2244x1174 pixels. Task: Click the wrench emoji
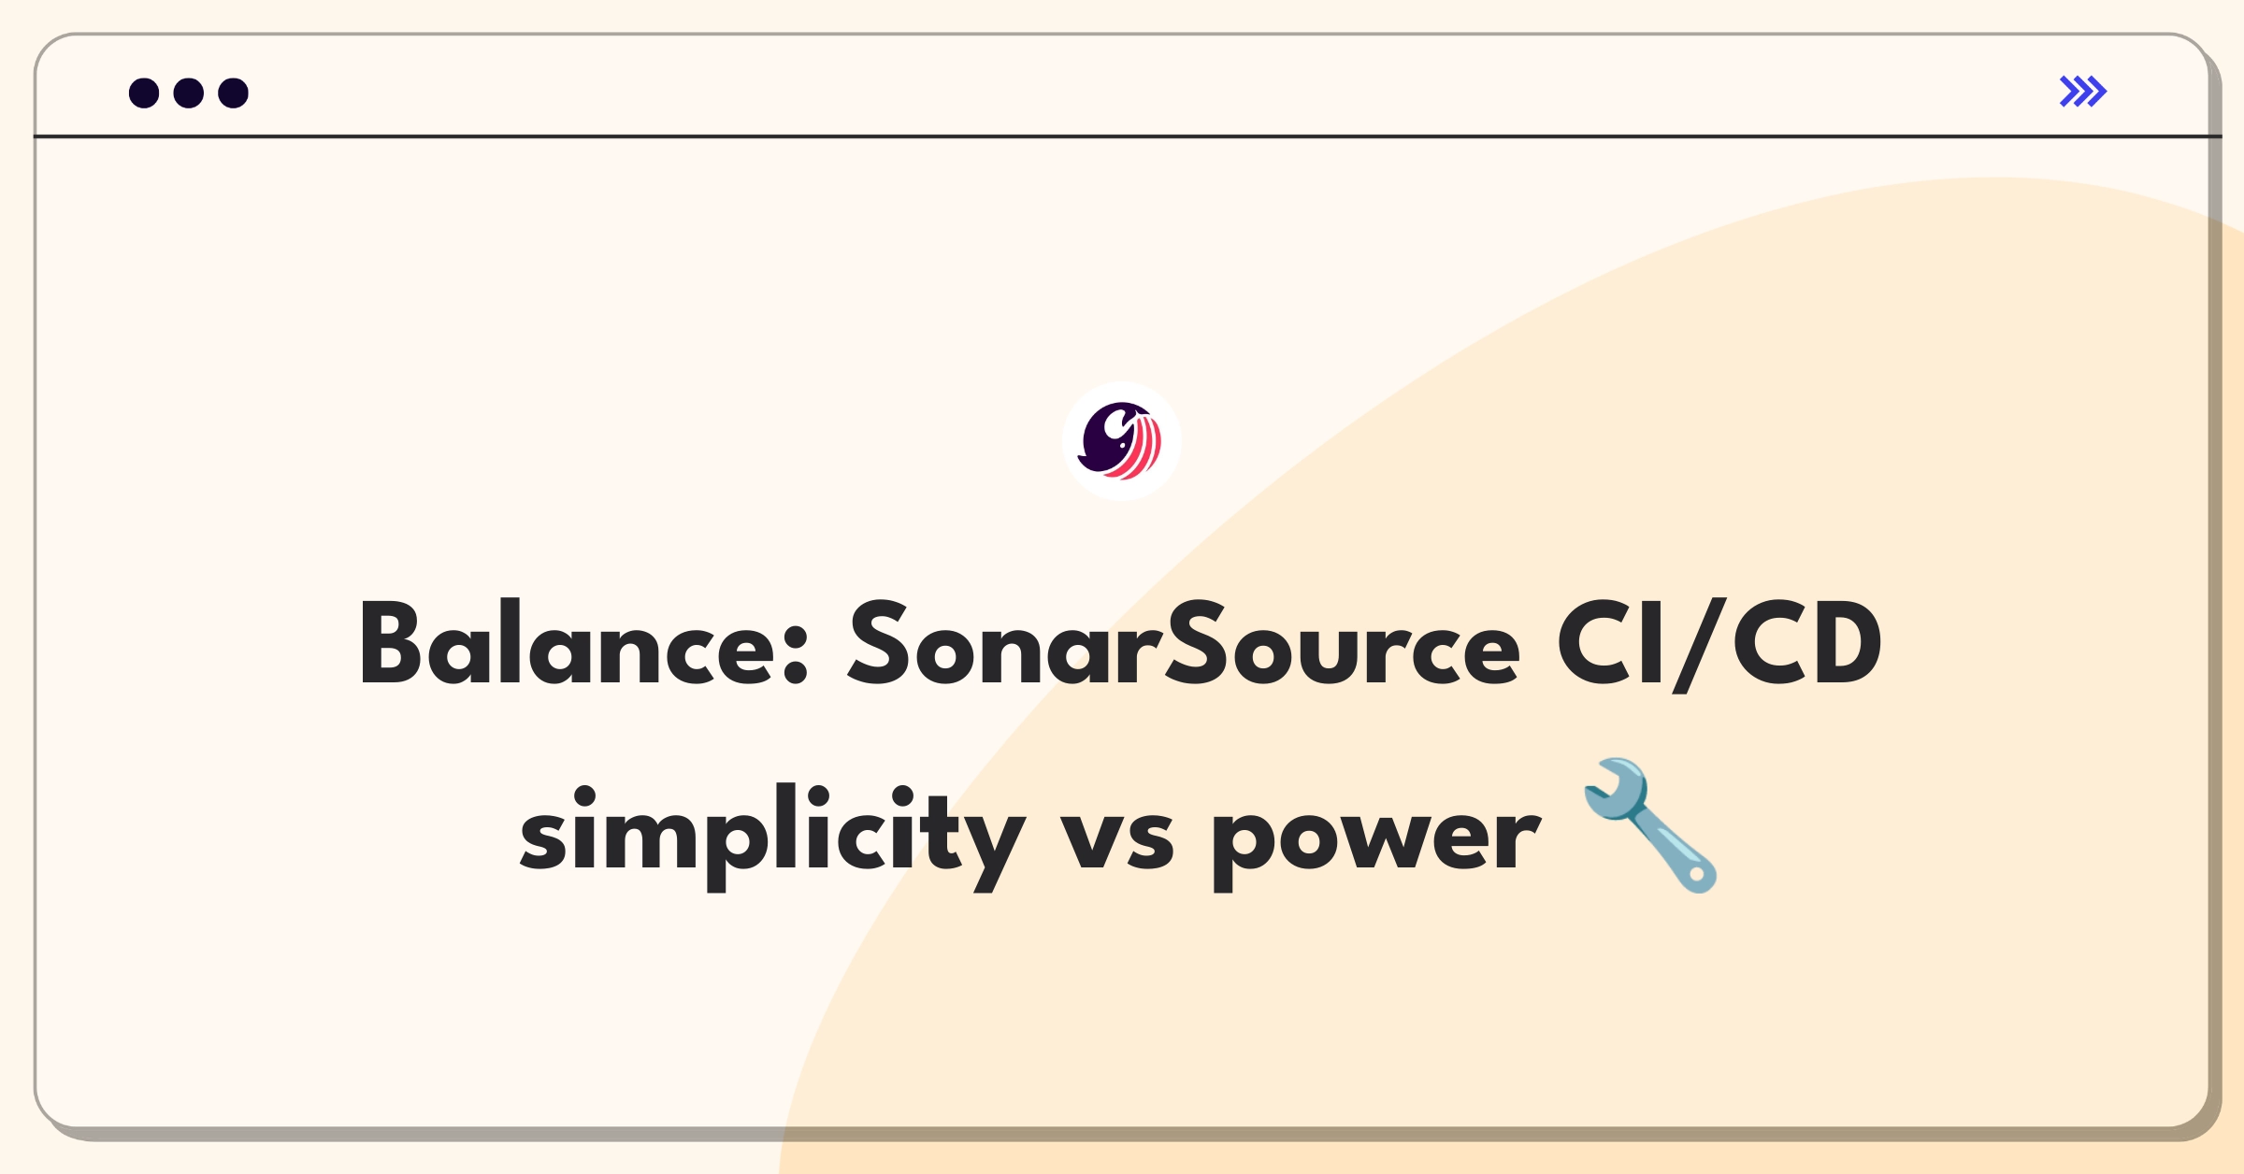[1650, 824]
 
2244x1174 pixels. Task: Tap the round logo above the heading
[1121, 441]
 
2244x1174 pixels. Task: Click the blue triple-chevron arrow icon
[2082, 92]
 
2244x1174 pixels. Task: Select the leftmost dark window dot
[144, 93]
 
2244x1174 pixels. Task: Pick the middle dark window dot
[189, 93]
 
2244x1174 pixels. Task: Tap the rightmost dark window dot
[234, 93]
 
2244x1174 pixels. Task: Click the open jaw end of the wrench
[1608, 785]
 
